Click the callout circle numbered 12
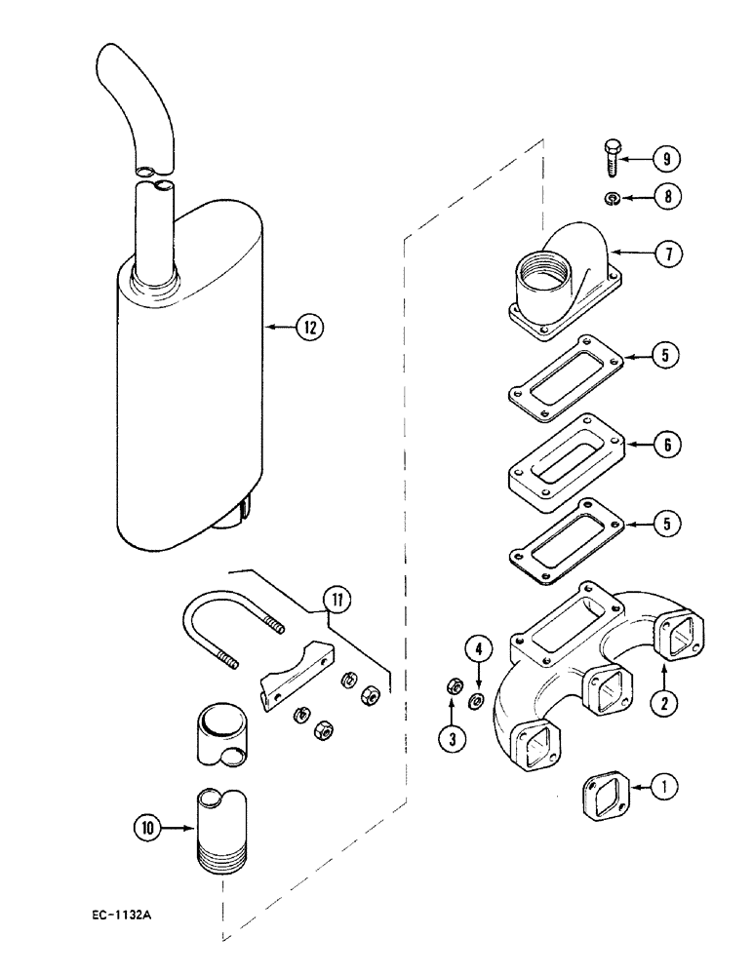tap(309, 328)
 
